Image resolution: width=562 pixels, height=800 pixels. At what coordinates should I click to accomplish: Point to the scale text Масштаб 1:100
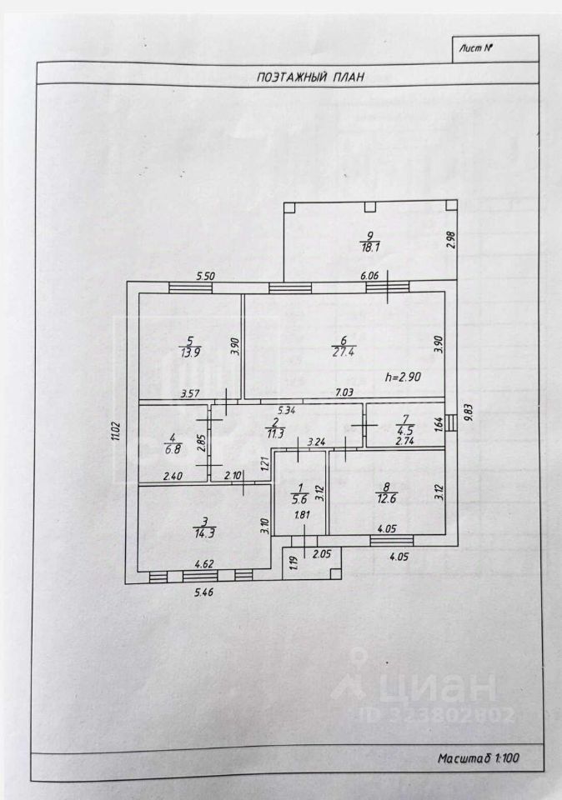point(478,759)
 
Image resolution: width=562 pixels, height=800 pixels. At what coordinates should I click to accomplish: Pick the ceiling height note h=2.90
point(404,377)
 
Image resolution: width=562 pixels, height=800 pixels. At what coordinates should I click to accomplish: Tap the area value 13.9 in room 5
point(190,352)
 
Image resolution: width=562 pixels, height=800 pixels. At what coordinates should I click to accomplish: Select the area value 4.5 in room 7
point(406,431)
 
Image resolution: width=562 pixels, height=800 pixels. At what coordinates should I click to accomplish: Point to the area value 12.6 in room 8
point(389,500)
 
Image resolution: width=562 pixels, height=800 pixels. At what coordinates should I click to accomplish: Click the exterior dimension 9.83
point(469,411)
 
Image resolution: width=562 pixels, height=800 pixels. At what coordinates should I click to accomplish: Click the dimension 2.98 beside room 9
point(450,240)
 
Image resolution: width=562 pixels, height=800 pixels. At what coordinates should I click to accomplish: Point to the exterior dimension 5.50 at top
point(206,276)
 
